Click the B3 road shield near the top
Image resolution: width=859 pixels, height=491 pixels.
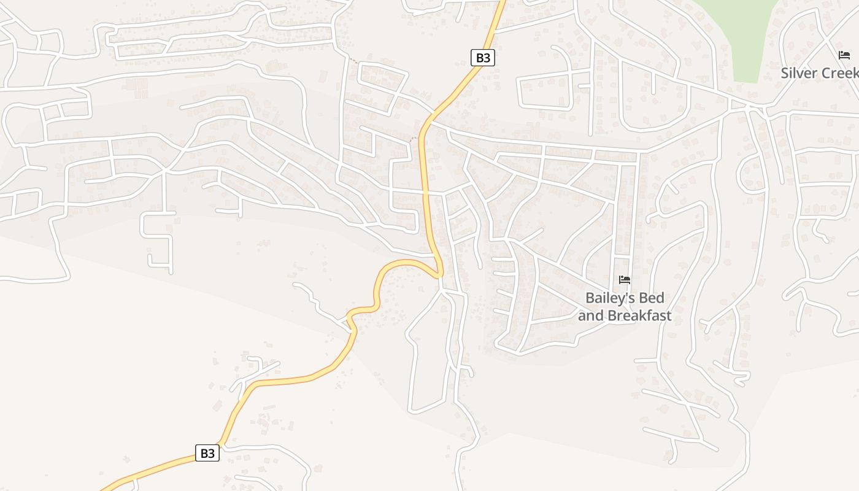pyautogui.click(x=483, y=58)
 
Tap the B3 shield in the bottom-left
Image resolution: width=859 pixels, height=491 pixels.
pyautogui.click(x=207, y=454)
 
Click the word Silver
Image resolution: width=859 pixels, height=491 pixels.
pyautogui.click(x=799, y=73)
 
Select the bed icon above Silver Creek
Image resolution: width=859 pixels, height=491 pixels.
pyautogui.click(x=844, y=55)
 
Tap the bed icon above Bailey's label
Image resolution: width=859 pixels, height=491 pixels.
pyautogui.click(x=625, y=280)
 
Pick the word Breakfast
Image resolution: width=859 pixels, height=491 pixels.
pyautogui.click(x=639, y=316)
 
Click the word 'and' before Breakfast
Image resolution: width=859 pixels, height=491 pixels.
pyautogui.click(x=590, y=316)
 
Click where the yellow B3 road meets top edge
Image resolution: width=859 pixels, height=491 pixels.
pyautogui.click(x=502, y=2)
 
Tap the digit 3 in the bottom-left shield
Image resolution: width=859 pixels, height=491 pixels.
pyautogui.click(x=212, y=454)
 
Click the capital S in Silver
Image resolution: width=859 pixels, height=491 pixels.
pyautogui.click(x=785, y=73)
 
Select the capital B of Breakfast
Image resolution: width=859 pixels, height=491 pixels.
pyautogui.click(x=611, y=316)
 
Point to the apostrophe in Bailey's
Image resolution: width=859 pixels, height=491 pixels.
pyautogui.click(x=627, y=295)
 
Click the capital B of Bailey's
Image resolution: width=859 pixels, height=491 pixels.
pyautogui.click(x=590, y=298)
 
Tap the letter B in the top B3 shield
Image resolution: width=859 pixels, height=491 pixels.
pyautogui.click(x=479, y=58)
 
